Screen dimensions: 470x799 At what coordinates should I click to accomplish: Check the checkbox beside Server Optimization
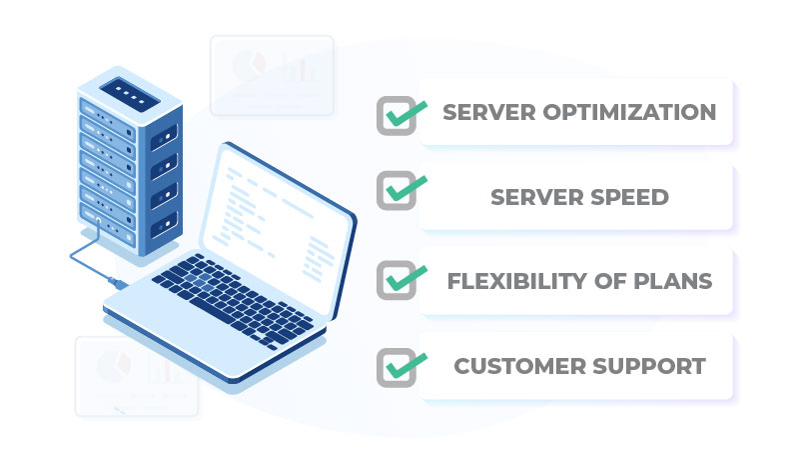click(x=398, y=115)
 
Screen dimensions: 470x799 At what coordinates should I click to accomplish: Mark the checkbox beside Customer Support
click(x=398, y=365)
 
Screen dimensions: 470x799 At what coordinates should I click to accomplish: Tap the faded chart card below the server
click(x=136, y=375)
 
